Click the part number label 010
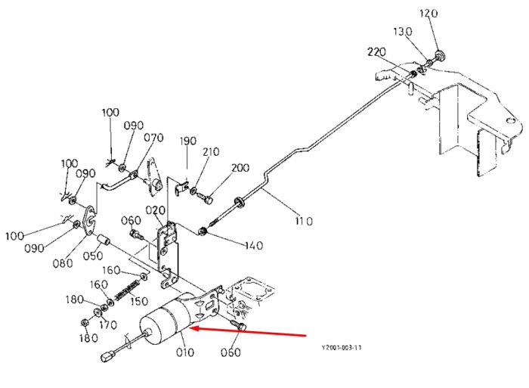pyautogui.click(x=185, y=352)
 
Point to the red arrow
pyautogui.click(x=249, y=331)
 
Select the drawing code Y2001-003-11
pyautogui.click(x=342, y=347)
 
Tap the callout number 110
pyautogui.click(x=304, y=221)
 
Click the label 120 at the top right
pyautogui.click(x=428, y=14)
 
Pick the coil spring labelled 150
pyautogui.click(x=127, y=290)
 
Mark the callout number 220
pyautogui.click(x=376, y=52)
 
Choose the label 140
pyautogui.click(x=254, y=245)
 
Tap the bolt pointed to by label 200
pyautogui.click(x=205, y=198)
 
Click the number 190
pyautogui.click(x=187, y=141)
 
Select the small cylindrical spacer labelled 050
pyautogui.click(x=104, y=241)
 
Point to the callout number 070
pyautogui.click(x=153, y=138)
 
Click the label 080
pyautogui.click(x=63, y=262)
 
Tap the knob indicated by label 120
pyautogui.click(x=439, y=55)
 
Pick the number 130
pyautogui.click(x=403, y=32)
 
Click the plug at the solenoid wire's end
pyautogui.click(x=108, y=356)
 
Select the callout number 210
pyautogui.click(x=211, y=151)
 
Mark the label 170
pyautogui.click(x=108, y=325)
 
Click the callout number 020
pyautogui.click(x=155, y=210)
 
